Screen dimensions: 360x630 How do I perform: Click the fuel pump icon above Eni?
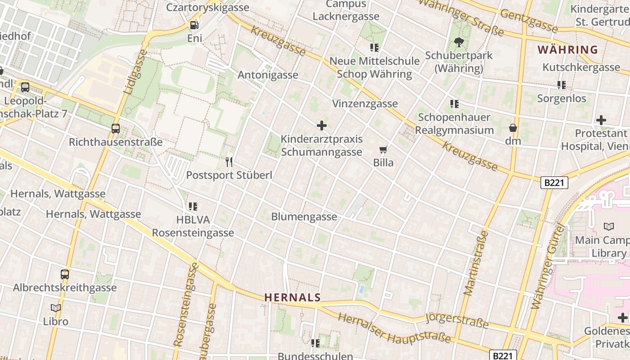pyautogui.click(x=194, y=25)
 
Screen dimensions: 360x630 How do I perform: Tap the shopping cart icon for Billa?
pyautogui.click(x=383, y=149)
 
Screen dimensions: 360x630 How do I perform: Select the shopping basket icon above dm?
pyautogui.click(x=513, y=128)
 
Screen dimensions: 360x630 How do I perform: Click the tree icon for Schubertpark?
pyautogui.click(x=459, y=42)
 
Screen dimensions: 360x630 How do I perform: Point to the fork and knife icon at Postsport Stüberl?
pyautogui.click(x=229, y=162)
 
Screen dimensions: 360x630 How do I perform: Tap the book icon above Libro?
pyautogui.click(x=56, y=308)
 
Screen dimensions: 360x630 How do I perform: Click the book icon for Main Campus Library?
pyautogui.click(x=609, y=227)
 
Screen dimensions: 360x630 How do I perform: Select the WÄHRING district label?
pyautogui.click(x=568, y=49)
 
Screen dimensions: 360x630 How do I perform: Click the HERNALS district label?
pyautogui.click(x=292, y=297)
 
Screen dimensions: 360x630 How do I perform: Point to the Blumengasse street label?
pyautogui.click(x=304, y=217)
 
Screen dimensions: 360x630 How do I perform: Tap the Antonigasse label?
pyautogui.click(x=268, y=75)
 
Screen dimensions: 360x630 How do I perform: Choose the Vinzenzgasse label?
pyautogui.click(x=365, y=103)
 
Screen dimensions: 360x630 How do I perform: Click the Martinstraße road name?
pyautogui.click(x=476, y=263)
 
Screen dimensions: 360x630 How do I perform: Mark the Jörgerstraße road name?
pyautogui.click(x=457, y=321)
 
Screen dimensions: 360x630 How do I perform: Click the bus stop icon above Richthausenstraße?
pyautogui.click(x=116, y=129)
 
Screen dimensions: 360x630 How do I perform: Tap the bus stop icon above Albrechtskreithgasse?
pyautogui.click(x=65, y=274)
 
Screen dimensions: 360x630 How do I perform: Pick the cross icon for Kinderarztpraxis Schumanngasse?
pyautogui.click(x=322, y=126)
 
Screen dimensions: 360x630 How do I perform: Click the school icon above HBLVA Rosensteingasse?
pyautogui.click(x=193, y=207)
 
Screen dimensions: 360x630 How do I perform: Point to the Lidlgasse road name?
pyautogui.click(x=135, y=72)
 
